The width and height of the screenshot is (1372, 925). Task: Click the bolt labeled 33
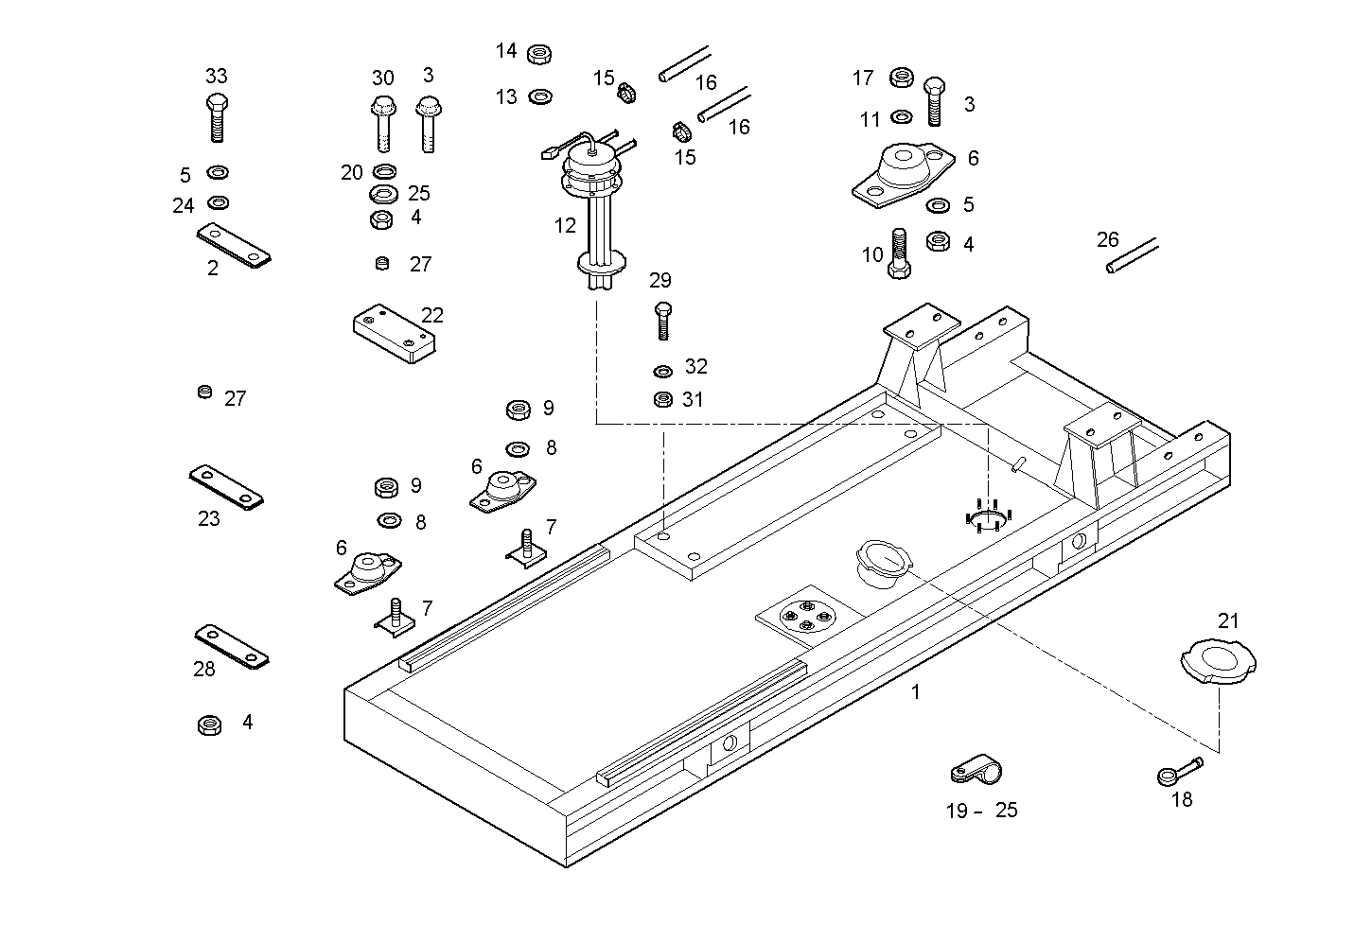click(217, 117)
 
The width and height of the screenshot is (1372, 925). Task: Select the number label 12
click(565, 226)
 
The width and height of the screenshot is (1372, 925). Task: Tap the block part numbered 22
click(393, 332)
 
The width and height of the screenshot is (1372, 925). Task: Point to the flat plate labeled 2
click(234, 245)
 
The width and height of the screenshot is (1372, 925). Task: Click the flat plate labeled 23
click(226, 486)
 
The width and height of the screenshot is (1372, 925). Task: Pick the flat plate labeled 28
click(232, 646)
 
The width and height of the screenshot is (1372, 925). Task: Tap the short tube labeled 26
click(1132, 256)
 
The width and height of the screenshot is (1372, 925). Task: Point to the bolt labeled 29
click(661, 320)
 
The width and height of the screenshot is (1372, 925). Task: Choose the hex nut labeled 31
click(663, 399)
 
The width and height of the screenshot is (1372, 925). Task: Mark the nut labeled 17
click(902, 78)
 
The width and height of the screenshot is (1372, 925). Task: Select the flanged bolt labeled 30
click(382, 122)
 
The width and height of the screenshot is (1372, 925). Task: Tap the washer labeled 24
click(219, 202)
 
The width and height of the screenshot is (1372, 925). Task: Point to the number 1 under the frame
click(915, 692)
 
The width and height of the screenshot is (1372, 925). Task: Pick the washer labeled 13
click(541, 96)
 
